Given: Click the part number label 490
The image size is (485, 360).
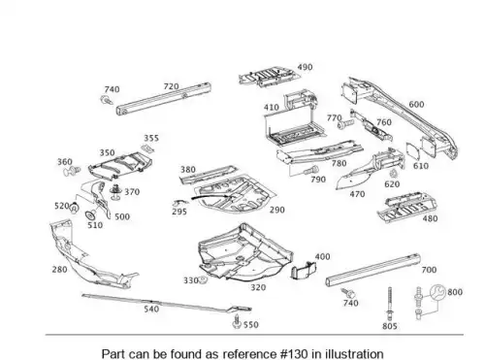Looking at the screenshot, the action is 305,67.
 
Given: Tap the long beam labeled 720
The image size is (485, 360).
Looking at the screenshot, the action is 164,99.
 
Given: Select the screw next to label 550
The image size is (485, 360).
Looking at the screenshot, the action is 237,321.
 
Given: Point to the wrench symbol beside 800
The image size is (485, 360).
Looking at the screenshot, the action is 437,292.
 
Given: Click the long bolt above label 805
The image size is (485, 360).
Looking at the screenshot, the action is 390,304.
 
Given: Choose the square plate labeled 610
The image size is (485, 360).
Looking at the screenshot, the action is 413,151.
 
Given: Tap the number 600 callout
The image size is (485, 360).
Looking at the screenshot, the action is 416,105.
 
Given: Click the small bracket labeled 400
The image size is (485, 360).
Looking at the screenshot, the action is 304,271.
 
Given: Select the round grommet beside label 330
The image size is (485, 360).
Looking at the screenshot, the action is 203,280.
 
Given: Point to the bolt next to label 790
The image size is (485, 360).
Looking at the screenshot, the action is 311,170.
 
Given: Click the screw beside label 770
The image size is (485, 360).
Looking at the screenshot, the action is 345,124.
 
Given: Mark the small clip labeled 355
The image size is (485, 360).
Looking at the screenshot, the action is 147,148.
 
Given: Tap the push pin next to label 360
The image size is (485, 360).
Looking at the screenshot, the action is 72,171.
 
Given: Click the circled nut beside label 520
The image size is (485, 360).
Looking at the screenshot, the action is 75,209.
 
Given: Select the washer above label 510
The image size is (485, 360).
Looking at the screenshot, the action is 90,214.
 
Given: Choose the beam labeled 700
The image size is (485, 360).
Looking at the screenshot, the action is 372,270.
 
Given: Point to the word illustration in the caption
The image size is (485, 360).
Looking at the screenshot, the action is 354,353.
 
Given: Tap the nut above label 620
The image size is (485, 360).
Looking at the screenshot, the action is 393,174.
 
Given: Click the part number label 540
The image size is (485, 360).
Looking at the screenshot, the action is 151,310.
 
